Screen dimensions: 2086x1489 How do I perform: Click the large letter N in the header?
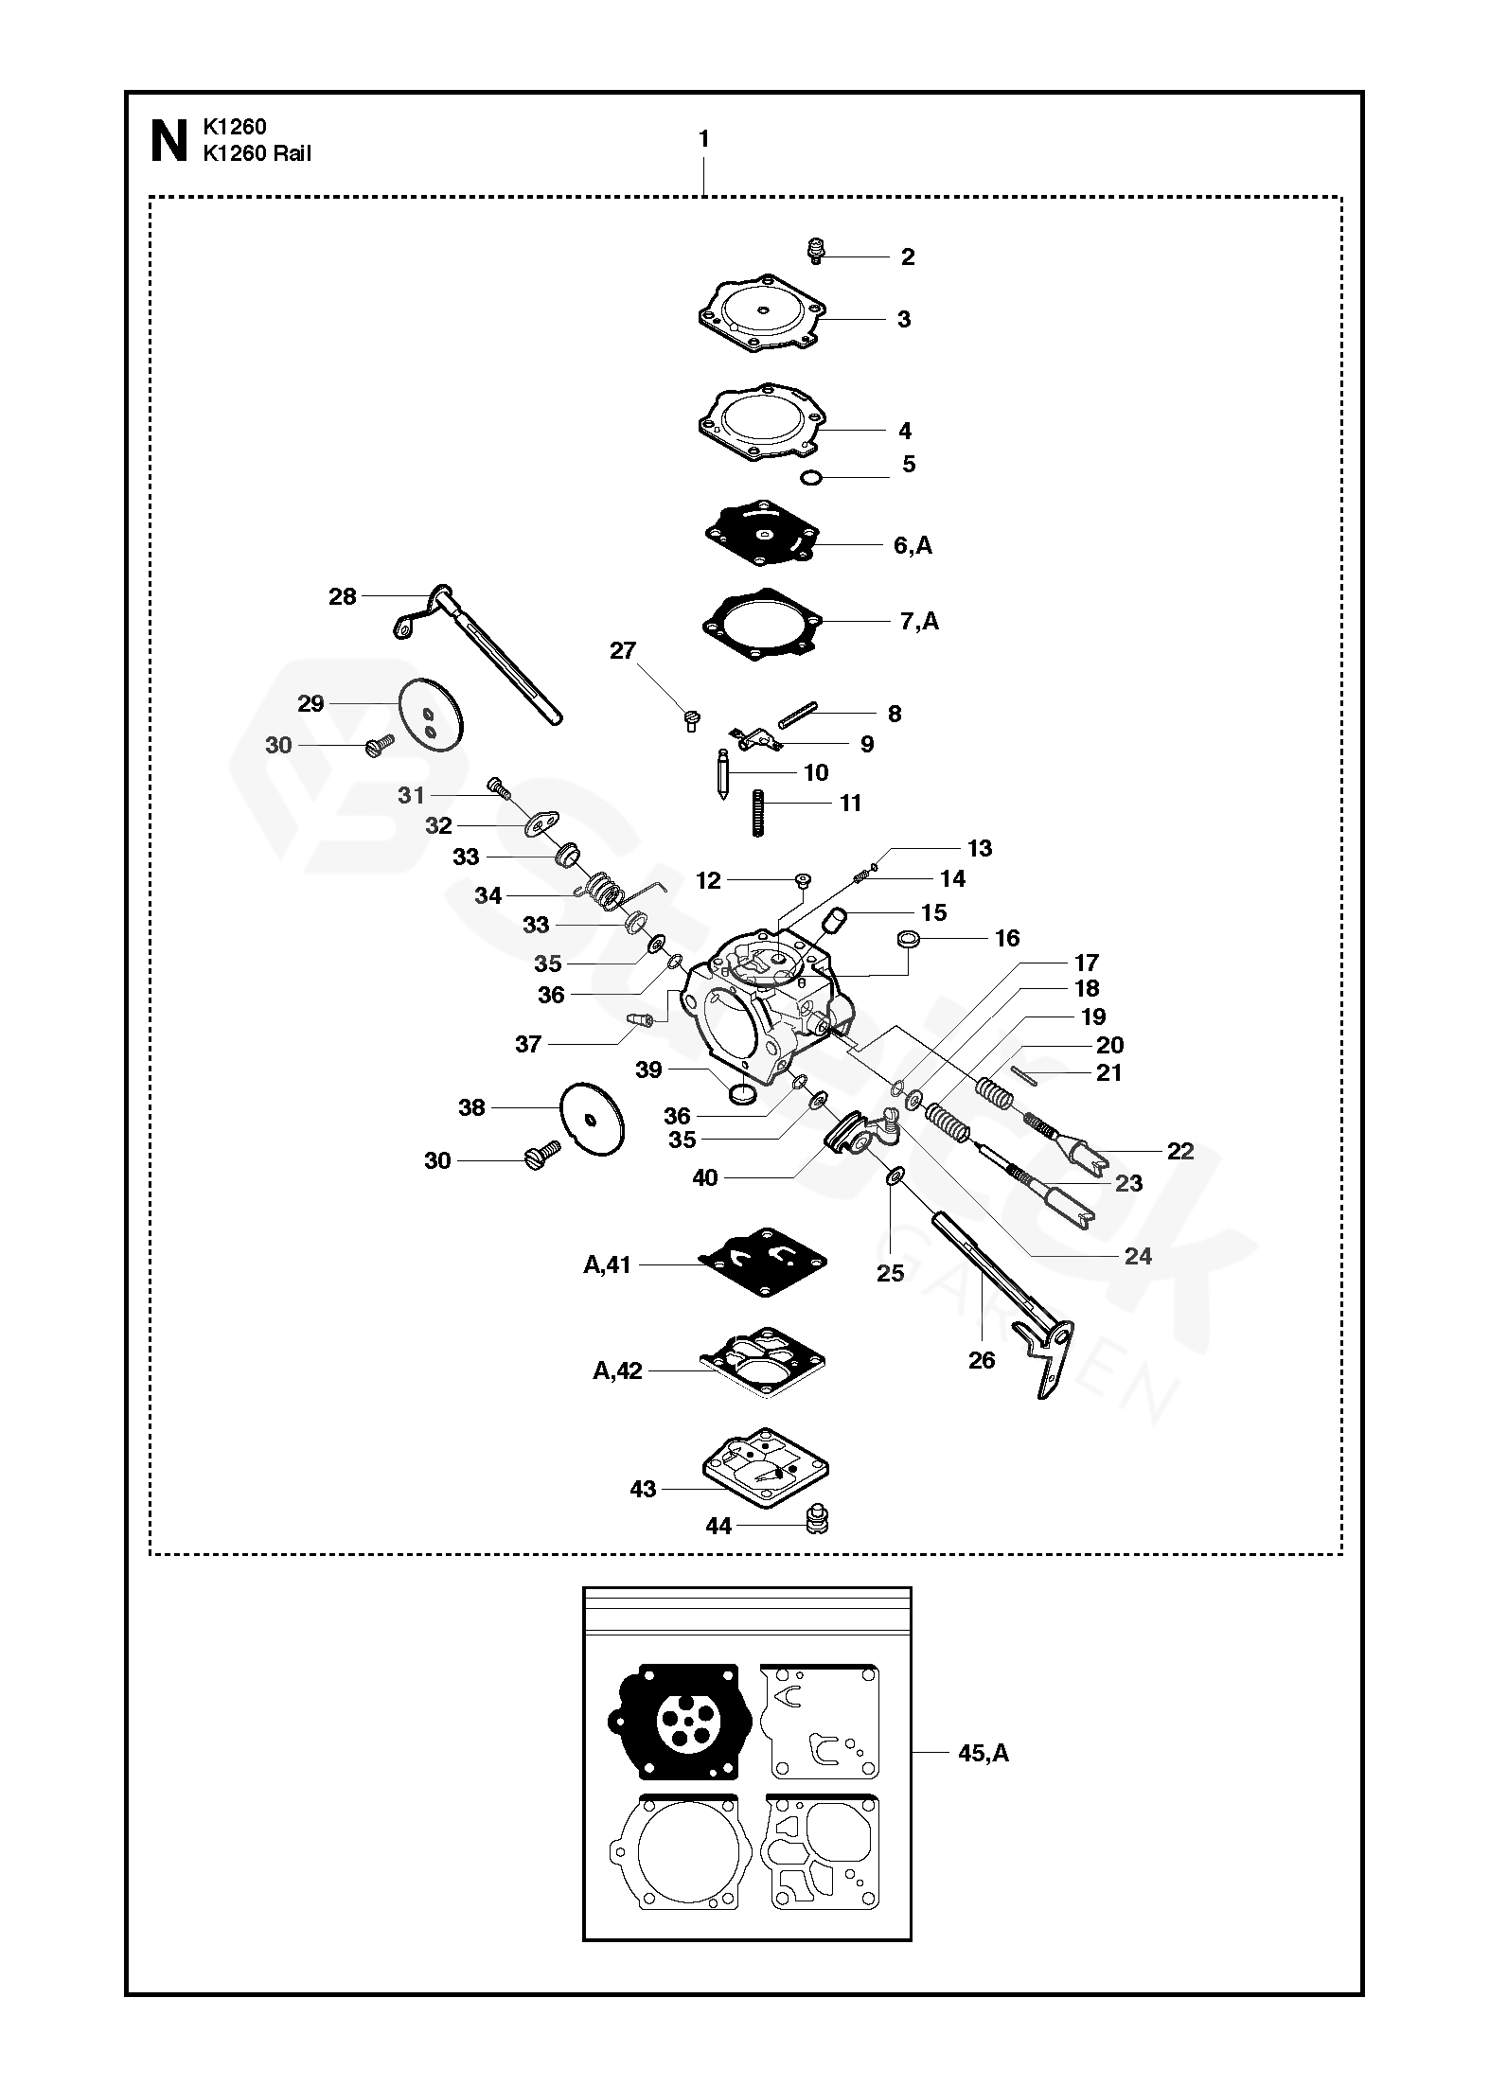tap(168, 142)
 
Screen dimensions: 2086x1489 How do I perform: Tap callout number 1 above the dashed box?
tap(703, 139)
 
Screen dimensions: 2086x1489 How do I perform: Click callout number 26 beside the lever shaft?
tap(982, 1360)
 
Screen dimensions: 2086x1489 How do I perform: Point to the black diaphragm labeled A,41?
tap(763, 1262)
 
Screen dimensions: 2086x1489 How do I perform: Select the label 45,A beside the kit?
tap(984, 1753)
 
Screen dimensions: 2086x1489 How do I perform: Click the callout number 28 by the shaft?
tap(343, 596)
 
